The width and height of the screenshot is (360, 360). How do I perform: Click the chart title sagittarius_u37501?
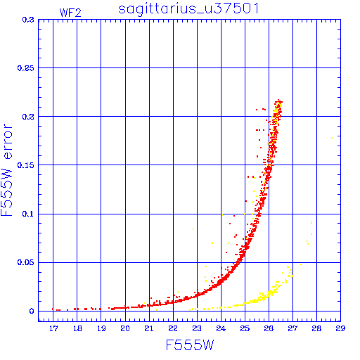click(x=188, y=9)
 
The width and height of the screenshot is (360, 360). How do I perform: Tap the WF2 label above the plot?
click(x=70, y=13)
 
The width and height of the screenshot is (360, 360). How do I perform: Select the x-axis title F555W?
click(x=190, y=345)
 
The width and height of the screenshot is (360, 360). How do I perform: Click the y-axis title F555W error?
click(x=6, y=170)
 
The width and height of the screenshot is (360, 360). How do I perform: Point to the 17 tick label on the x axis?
click(x=53, y=328)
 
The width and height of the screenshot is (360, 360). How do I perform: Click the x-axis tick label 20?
click(x=125, y=328)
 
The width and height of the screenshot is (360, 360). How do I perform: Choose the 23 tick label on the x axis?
click(x=197, y=328)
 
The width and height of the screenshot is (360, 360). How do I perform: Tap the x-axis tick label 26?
click(x=269, y=328)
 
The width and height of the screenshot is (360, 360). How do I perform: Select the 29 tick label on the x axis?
click(x=340, y=328)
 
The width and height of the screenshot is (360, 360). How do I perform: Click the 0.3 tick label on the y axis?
click(x=28, y=20)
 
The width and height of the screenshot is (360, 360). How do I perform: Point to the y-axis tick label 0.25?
click(x=26, y=68)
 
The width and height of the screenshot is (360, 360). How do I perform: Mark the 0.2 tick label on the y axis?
click(x=28, y=117)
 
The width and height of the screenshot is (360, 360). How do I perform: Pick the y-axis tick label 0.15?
click(x=26, y=165)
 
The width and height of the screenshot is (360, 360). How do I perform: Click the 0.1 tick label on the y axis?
click(x=28, y=214)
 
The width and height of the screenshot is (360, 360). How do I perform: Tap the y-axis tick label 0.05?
click(x=26, y=262)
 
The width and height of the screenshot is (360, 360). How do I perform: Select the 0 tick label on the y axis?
click(x=32, y=311)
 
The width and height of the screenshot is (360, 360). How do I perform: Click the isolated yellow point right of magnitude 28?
click(x=332, y=138)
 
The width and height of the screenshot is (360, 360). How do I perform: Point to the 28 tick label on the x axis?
click(x=316, y=328)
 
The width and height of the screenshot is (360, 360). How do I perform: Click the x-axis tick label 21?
click(x=149, y=328)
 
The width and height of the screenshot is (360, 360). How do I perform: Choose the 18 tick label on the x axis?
click(x=77, y=328)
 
